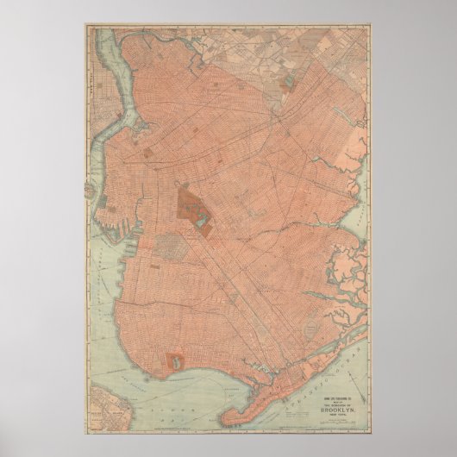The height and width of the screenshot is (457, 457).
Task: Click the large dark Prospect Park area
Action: coord(191,205)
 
